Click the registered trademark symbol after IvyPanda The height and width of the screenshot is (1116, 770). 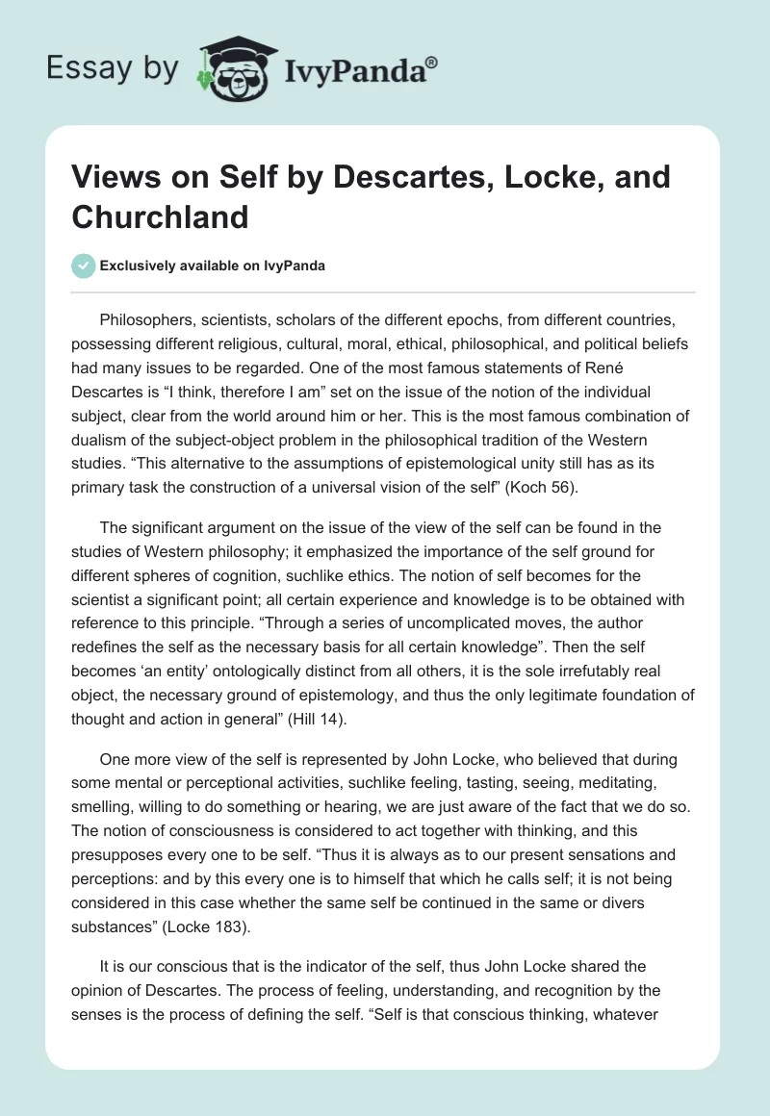point(431,63)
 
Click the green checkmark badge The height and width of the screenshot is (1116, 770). point(83,266)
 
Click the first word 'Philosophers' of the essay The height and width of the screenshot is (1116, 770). point(146,320)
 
